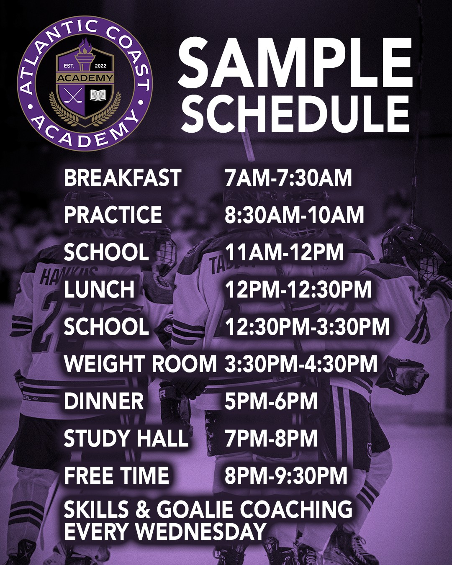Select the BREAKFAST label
tap(123, 178)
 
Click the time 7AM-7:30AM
tap(288, 178)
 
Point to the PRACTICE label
tap(113, 215)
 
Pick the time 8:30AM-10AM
tap(294, 215)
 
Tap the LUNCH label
tap(99, 289)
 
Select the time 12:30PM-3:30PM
tap(307, 326)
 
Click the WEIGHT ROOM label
tap(140, 364)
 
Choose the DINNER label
tap(104, 401)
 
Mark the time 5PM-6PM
tap(271, 401)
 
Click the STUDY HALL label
tap(126, 438)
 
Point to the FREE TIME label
tap(116, 475)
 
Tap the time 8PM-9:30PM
tap(286, 475)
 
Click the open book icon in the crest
tap(98, 95)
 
